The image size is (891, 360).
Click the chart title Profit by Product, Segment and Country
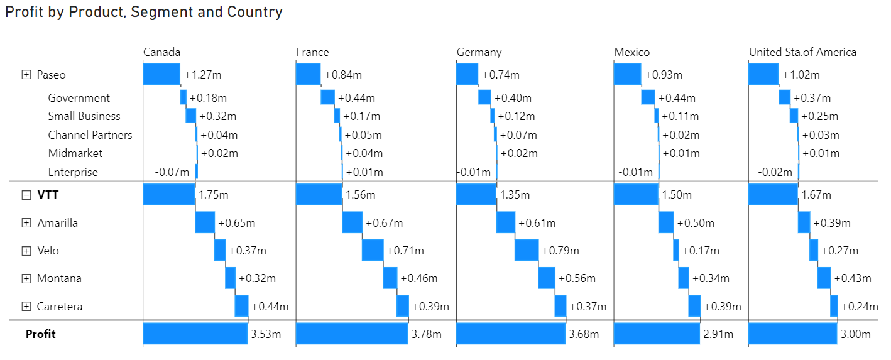[x=144, y=12]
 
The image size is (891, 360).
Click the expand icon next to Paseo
[x=26, y=75]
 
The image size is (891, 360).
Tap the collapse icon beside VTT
[x=26, y=195]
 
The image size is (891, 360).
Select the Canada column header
[x=162, y=52]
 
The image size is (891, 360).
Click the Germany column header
[x=479, y=52]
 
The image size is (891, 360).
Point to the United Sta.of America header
[x=802, y=52]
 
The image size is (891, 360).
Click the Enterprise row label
[x=73, y=172]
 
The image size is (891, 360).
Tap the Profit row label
[x=40, y=334]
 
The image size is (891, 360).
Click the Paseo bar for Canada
[x=161, y=74]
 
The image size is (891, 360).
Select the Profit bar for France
[x=352, y=334]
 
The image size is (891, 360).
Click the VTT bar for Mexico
[x=636, y=195]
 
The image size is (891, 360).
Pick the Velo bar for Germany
[x=527, y=250]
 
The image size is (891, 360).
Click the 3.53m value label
[x=265, y=334]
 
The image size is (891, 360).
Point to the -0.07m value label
[x=172, y=172]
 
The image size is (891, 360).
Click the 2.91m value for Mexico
[x=718, y=334]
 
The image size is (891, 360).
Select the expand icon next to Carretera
[x=26, y=307]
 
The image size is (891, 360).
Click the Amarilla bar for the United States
[x=804, y=222]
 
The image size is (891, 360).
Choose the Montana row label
[x=59, y=278]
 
